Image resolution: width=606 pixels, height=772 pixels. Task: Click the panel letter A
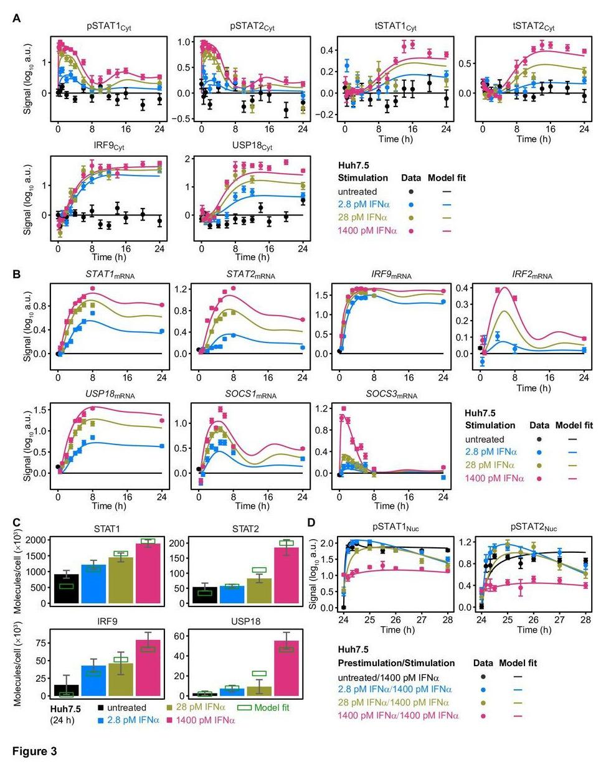click(17, 19)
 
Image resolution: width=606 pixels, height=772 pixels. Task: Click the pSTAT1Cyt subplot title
click(109, 27)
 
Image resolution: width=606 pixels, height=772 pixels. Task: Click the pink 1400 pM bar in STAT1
click(148, 573)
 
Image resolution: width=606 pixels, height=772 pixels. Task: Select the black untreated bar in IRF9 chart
click(66, 690)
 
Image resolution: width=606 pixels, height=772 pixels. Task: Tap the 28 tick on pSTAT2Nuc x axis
click(585, 619)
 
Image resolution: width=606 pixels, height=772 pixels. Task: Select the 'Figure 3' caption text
click(35, 751)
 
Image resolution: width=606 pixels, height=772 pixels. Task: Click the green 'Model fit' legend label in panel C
click(272, 707)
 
